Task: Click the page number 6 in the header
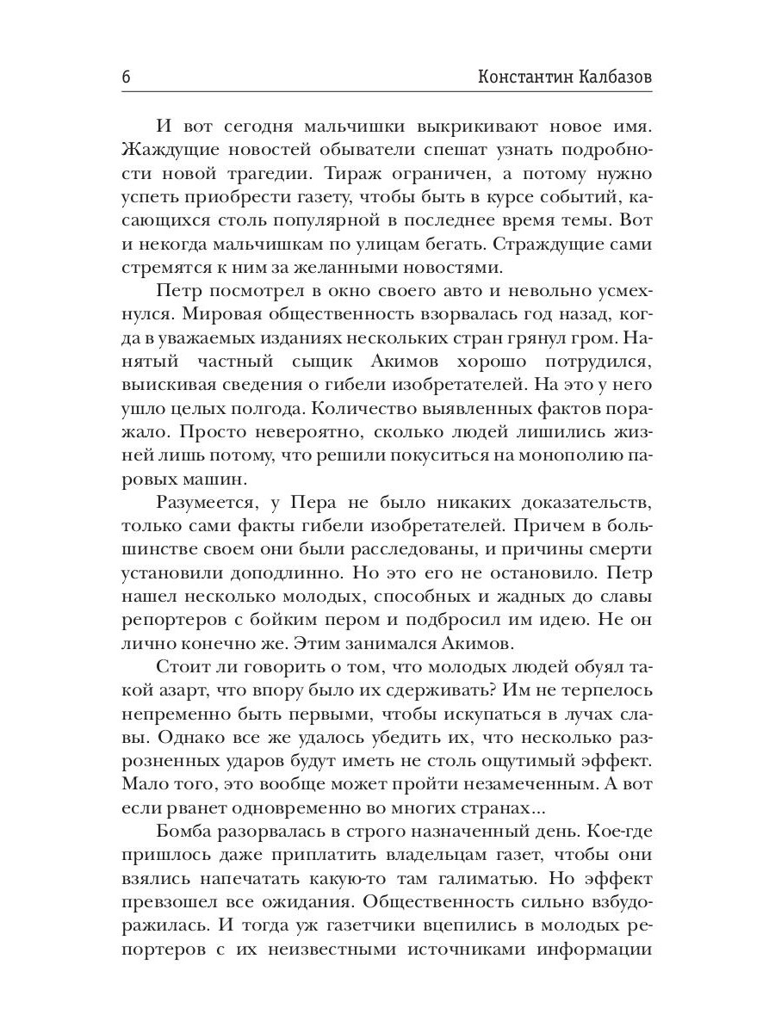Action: [127, 76]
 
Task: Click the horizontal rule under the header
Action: [387, 91]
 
